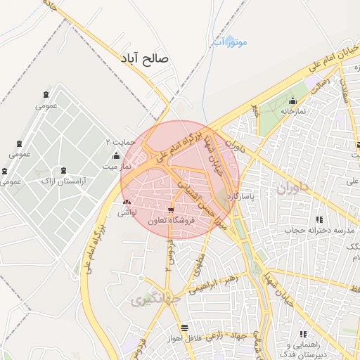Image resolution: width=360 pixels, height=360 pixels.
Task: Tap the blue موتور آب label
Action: pyautogui.click(x=230, y=43)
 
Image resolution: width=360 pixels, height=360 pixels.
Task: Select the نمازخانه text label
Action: pyautogui.click(x=293, y=112)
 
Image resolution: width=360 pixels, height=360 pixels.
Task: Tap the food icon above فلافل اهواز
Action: pyautogui.click(x=184, y=328)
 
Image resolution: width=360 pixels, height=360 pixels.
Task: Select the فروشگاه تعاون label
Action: pyautogui.click(x=172, y=221)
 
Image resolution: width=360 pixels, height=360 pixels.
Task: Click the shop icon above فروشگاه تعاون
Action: pyautogui.click(x=171, y=210)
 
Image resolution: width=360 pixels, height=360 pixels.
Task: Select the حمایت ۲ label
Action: pyautogui.click(x=119, y=141)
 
